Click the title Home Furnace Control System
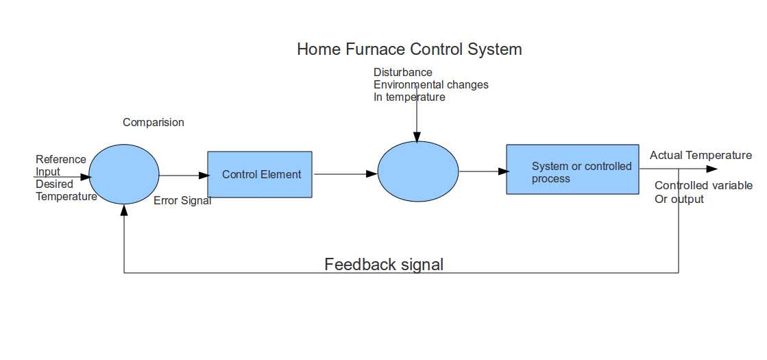[x=409, y=49]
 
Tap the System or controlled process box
[x=572, y=169]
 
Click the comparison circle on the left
[x=124, y=174]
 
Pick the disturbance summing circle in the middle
[x=418, y=171]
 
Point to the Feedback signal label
[x=384, y=264]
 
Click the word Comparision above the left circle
[x=154, y=123]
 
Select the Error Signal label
[x=182, y=201]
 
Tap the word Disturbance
[x=403, y=72]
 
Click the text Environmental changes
[x=430, y=84]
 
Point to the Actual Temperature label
[x=701, y=156]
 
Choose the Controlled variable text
[x=703, y=186]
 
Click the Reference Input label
[x=60, y=165]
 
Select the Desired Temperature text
[x=66, y=191]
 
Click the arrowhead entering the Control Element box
[x=203, y=175]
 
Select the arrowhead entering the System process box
[x=502, y=171]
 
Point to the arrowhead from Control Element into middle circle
[x=372, y=174]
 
